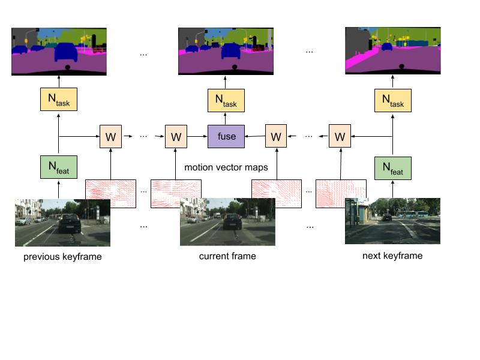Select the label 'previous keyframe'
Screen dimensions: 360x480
(62, 257)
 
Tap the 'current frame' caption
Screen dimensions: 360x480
(227, 256)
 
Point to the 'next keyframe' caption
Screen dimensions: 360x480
(392, 256)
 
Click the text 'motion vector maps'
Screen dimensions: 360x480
(226, 167)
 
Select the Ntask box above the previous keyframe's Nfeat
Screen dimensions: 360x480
(59, 100)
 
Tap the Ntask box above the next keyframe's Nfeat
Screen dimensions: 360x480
(392, 100)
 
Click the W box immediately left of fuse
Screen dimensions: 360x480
(176, 137)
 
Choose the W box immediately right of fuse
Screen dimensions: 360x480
(275, 137)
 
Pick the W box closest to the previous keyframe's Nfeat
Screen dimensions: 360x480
(110, 137)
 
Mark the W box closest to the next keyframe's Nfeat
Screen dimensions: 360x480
(340, 137)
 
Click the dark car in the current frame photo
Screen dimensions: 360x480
(232, 221)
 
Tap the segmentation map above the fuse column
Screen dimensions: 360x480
(226, 50)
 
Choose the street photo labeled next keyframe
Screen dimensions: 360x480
(392, 221)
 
